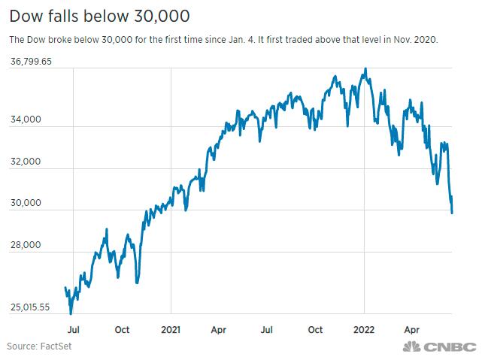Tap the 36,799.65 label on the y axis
click(30, 62)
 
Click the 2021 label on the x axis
click(171, 329)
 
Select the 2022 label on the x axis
click(365, 329)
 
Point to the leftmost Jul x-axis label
click(74, 329)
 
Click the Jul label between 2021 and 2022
click(267, 329)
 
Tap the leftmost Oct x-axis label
click(123, 329)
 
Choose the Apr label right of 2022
click(413, 329)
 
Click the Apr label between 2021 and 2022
click(219, 329)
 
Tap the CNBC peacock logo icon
click(412, 346)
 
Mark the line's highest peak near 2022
click(365, 69)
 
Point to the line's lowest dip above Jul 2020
click(71, 313)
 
